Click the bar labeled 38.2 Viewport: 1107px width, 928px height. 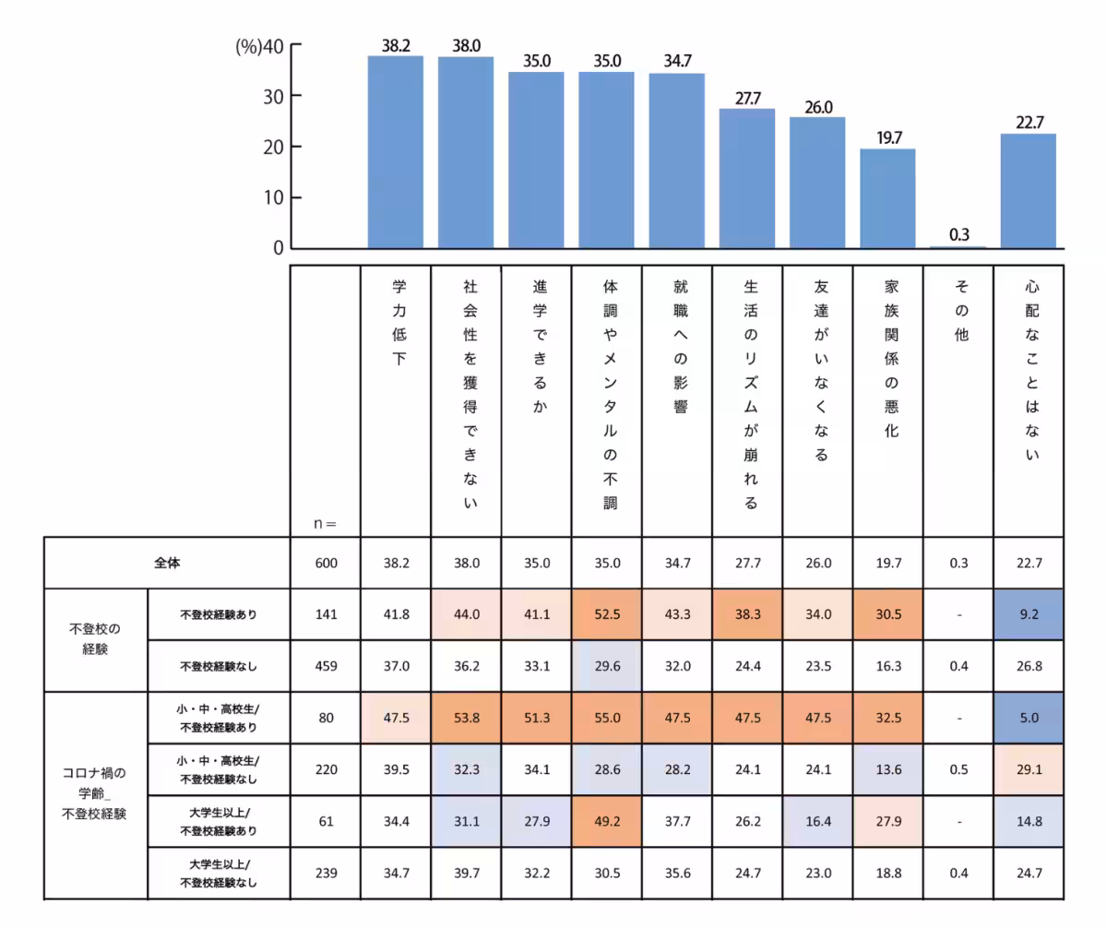396,152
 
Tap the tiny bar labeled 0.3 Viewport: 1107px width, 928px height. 958,246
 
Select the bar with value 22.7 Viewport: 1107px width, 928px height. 1028,191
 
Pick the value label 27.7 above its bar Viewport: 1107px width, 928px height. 747,98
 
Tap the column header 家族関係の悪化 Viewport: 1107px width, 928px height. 890,360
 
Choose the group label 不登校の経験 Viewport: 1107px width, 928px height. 95,638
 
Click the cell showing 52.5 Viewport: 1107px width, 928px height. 607,613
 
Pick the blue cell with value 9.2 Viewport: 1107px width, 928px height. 1028,613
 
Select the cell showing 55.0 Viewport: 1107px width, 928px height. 607,717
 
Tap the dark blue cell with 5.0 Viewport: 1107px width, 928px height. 1028,717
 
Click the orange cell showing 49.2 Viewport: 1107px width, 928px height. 607,820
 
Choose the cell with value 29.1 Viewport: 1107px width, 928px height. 1028,768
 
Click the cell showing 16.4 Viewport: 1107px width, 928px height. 817,820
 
